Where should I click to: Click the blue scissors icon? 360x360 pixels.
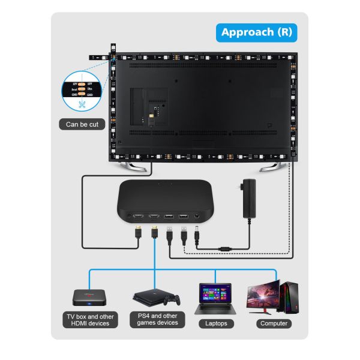pyautogui.click(x=83, y=104)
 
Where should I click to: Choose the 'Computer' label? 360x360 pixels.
pyautogui.click(x=273, y=323)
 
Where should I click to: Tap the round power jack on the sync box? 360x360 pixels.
pyautogui.click(x=197, y=216)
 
